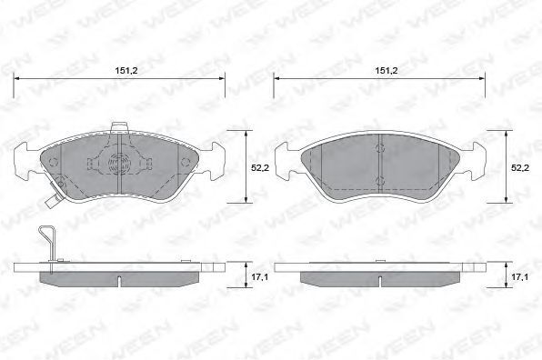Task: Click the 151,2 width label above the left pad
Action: (x=126, y=71)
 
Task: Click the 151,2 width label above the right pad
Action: (x=386, y=71)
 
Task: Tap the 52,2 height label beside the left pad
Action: (x=260, y=168)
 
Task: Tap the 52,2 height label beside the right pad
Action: (x=520, y=168)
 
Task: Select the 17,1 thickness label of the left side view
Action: (x=260, y=277)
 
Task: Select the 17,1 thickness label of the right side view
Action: (x=520, y=277)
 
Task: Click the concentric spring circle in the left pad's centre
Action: (x=118, y=163)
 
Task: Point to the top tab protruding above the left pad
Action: (x=119, y=127)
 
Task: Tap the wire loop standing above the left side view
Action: (x=46, y=242)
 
